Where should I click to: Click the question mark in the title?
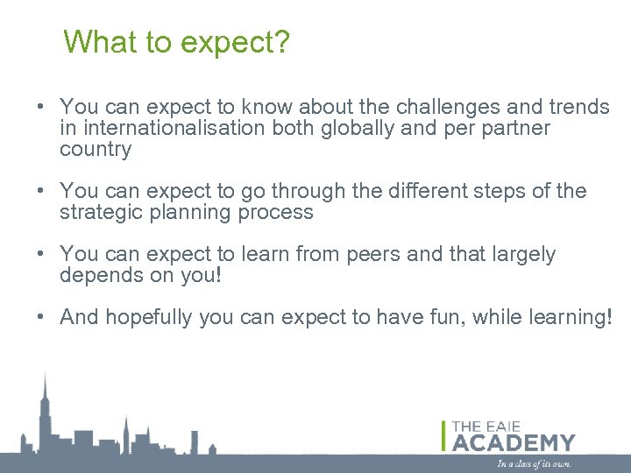(x=280, y=41)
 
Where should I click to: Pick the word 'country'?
(x=96, y=150)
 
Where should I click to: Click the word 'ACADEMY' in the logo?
(x=514, y=442)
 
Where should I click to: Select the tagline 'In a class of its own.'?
(x=534, y=463)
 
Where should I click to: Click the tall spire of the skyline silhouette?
(x=46, y=385)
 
